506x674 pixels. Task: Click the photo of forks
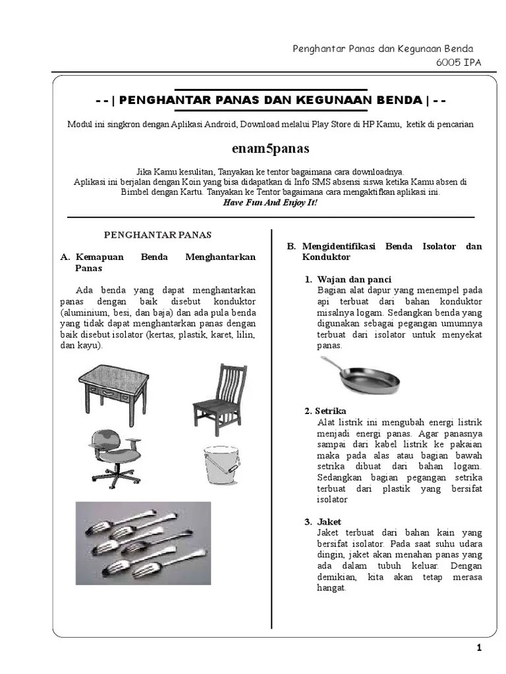143,539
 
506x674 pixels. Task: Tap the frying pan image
360,376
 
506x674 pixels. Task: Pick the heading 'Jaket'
329,522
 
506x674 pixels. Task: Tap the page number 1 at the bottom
479,648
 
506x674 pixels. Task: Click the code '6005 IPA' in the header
459,63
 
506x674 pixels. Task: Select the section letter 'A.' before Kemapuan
65,257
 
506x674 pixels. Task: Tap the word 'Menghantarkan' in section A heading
220,257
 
